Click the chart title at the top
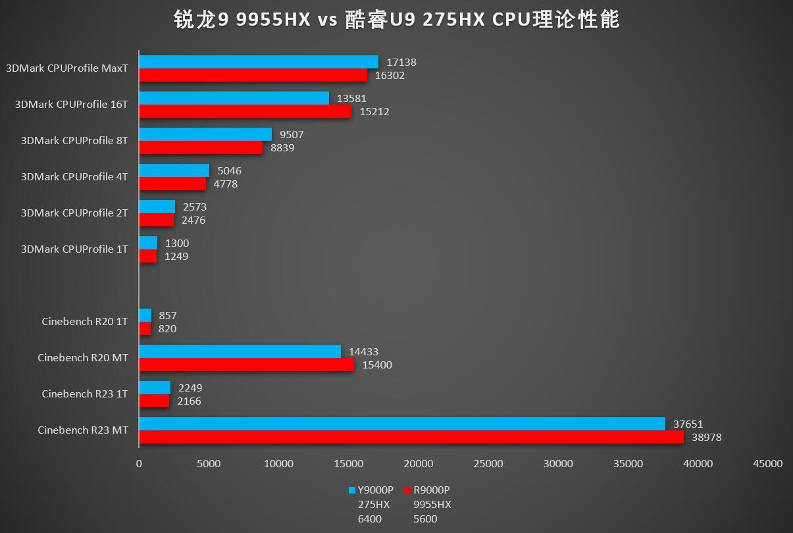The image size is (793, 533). pyautogui.click(x=396, y=20)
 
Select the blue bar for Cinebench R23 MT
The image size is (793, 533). pyautogui.click(x=401, y=424)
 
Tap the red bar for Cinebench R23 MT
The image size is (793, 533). pyautogui.click(x=411, y=437)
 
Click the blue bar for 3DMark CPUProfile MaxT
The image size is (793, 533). pyautogui.click(x=258, y=62)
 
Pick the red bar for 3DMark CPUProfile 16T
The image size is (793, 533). pyautogui.click(x=245, y=111)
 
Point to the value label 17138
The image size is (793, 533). pyautogui.click(x=401, y=63)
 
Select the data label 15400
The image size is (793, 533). pyautogui.click(x=377, y=365)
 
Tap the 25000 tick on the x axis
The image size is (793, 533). pyautogui.click(x=488, y=464)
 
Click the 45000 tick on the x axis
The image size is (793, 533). pyautogui.click(x=768, y=464)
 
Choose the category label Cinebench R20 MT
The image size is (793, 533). pyautogui.click(x=83, y=358)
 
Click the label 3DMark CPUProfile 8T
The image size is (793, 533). pyautogui.click(x=74, y=140)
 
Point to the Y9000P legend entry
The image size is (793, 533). pyautogui.click(x=375, y=490)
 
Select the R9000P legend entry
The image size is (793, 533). pyautogui.click(x=432, y=490)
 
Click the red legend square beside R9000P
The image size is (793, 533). pyautogui.click(x=407, y=490)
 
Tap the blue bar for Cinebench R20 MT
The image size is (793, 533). pyautogui.click(x=240, y=351)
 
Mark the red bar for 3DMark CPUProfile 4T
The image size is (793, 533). pyautogui.click(x=172, y=184)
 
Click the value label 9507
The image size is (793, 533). pyautogui.click(x=292, y=135)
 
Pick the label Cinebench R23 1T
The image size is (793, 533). pyautogui.click(x=85, y=394)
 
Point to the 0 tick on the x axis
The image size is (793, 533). pyautogui.click(x=139, y=464)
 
